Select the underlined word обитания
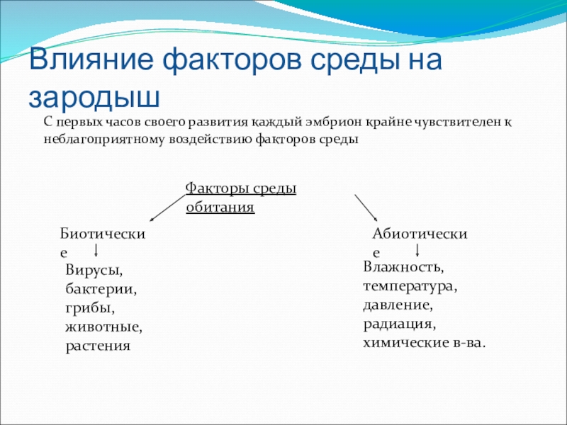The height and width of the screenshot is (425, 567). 220,208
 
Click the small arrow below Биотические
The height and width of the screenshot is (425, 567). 96,251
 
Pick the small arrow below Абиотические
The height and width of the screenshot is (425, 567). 417,250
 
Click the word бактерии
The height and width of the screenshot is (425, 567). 101,289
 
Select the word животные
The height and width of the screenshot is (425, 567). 103,327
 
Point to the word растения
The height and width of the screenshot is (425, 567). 98,346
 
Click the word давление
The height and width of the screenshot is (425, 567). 398,306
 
